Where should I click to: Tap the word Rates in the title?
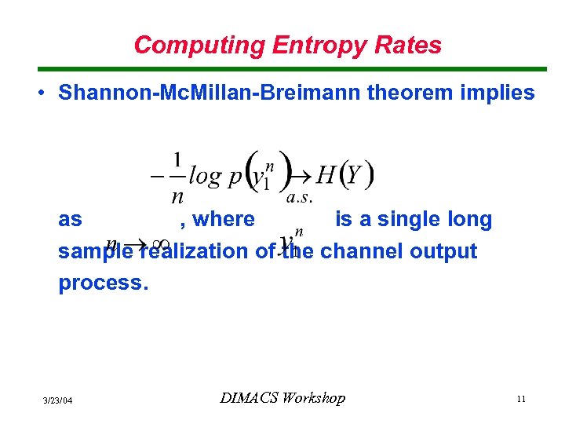click(414, 45)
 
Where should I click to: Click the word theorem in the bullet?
click(417, 93)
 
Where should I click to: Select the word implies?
click(497, 93)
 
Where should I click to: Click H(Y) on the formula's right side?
click(344, 174)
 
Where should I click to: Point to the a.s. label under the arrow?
click(301, 198)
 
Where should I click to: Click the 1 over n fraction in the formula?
click(177, 177)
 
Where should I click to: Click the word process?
click(103, 283)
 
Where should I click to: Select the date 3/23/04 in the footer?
click(57, 400)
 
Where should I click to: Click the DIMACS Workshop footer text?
click(282, 398)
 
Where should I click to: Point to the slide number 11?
click(520, 400)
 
